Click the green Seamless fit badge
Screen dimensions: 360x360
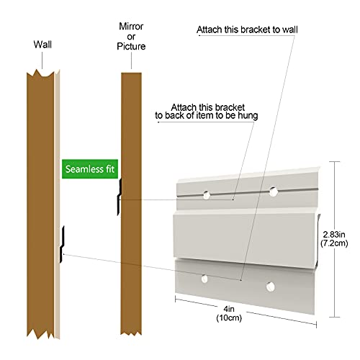pyautogui.click(x=90, y=169)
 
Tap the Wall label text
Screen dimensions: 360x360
pyautogui.click(x=42, y=45)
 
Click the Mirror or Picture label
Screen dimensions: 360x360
pyautogui.click(x=131, y=37)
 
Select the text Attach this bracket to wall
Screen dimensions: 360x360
pyautogui.click(x=247, y=30)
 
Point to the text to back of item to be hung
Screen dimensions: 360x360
pyautogui.click(x=207, y=116)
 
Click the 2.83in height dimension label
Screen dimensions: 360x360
pyautogui.click(x=334, y=234)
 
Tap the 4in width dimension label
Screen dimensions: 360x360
pyautogui.click(x=229, y=309)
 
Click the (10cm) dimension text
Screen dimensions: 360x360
pyautogui.click(x=229, y=318)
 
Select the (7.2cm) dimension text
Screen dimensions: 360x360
pyautogui.click(x=334, y=243)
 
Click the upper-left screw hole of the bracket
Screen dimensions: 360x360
pyautogui.click(x=207, y=195)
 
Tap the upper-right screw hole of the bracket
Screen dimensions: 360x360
pyautogui.click(x=273, y=192)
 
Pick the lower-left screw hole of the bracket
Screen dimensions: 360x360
pyautogui.click(x=204, y=279)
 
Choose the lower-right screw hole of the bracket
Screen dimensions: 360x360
pyautogui.click(x=270, y=287)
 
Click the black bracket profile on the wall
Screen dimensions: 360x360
pyautogui.click(x=62, y=244)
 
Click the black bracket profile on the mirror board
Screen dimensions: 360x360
pyautogui.click(x=120, y=197)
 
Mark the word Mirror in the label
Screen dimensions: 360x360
pyautogui.click(x=131, y=27)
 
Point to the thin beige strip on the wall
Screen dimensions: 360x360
pyautogui.click(x=57, y=204)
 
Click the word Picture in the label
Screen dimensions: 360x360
pyautogui.click(x=131, y=46)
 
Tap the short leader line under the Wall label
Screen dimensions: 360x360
pyautogui.click(x=42, y=60)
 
